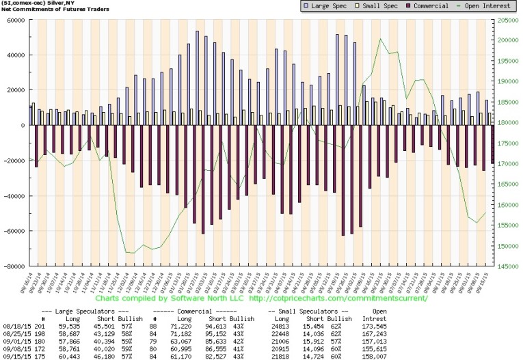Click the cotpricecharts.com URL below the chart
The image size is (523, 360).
coord(339,298)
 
